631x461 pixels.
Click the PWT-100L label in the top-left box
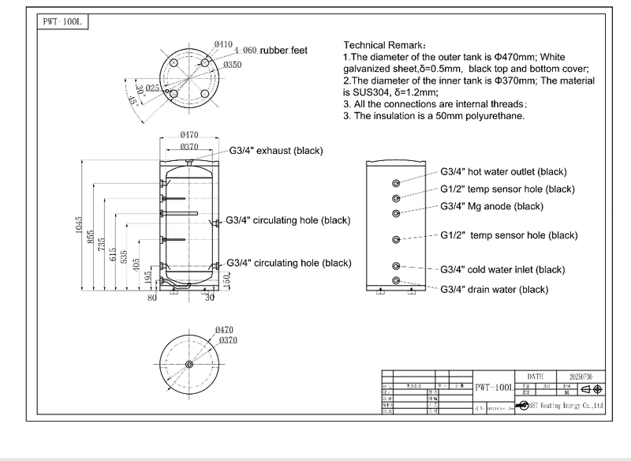tap(61, 21)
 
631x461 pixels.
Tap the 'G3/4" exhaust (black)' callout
tap(276, 151)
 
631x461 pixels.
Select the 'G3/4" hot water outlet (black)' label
tap(503, 172)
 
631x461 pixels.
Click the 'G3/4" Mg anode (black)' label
tap(492, 206)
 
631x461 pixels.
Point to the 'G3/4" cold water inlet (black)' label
tap(502, 270)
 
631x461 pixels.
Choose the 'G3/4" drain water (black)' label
tap(494, 290)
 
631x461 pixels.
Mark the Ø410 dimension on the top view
tap(223, 43)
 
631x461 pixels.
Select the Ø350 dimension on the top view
tap(232, 65)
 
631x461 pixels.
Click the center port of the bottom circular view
tap(189, 364)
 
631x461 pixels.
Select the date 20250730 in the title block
tap(580, 377)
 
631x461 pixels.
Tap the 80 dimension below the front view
tap(152, 298)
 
